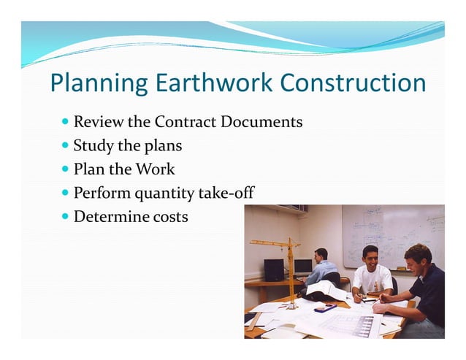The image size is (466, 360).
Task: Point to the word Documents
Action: click(x=259, y=121)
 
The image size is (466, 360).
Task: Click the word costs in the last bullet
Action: click(x=167, y=217)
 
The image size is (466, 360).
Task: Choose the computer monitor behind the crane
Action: click(x=302, y=266)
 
